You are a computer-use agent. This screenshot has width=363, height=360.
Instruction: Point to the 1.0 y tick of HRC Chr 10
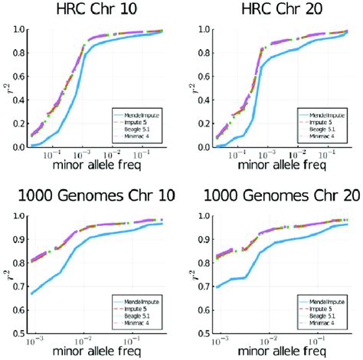(18, 30)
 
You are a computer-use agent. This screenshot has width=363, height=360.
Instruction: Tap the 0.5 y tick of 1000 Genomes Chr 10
(18, 335)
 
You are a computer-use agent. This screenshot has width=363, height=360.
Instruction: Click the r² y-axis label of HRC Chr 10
(6, 88)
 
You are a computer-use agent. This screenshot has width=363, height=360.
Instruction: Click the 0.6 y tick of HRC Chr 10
(18, 77)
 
